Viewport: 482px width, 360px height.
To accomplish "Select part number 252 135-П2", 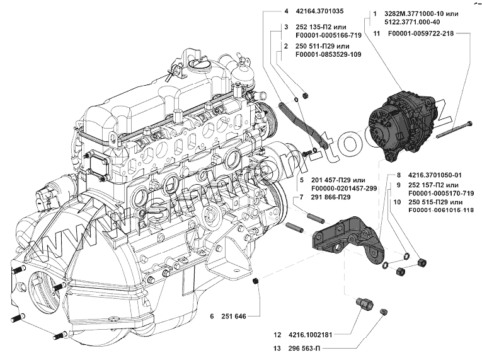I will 316,28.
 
